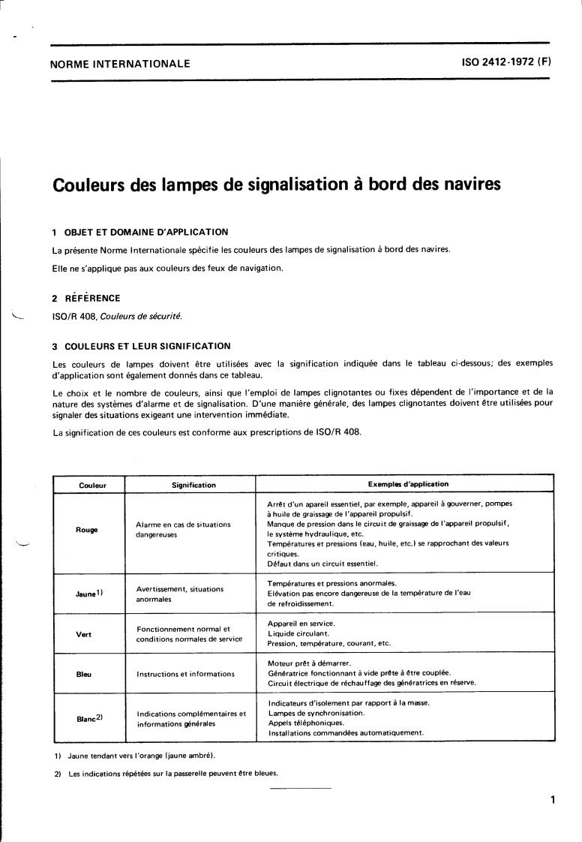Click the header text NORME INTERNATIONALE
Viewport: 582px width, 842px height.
pos(119,64)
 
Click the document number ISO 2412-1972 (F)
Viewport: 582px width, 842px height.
pos(506,63)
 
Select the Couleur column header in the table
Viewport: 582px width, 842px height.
pos(92,485)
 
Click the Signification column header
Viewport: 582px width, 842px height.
pos(193,485)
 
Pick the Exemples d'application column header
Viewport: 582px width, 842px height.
pos(408,484)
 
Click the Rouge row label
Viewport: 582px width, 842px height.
pos(88,530)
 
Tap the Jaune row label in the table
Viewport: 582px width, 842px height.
pos(89,594)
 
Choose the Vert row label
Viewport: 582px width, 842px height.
pos(84,633)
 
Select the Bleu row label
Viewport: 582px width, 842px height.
pos(84,674)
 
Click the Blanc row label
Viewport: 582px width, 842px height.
pos(89,717)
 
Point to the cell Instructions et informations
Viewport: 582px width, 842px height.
pos(185,674)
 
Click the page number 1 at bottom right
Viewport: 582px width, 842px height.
pos(552,800)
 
